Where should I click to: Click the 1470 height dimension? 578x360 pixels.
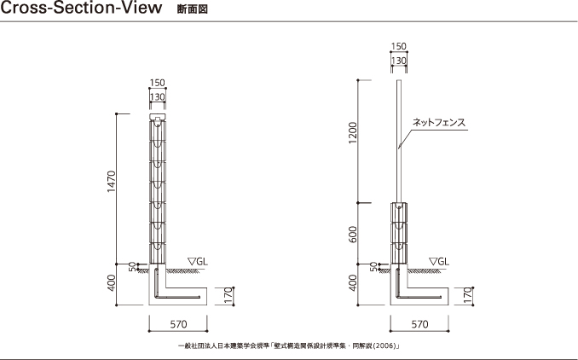point(112,182)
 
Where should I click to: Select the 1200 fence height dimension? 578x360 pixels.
point(353,133)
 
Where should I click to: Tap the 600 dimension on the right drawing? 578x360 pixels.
point(353,235)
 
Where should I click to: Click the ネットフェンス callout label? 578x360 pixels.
point(439,123)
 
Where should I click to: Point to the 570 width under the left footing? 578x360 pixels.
point(178,324)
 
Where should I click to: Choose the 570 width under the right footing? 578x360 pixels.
point(420,324)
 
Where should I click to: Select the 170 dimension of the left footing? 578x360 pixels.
point(228,296)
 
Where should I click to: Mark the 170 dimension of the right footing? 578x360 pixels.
point(467,296)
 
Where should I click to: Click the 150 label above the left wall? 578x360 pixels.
point(158,83)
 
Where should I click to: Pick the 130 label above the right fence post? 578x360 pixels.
point(398,61)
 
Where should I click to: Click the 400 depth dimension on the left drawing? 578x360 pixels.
point(112,283)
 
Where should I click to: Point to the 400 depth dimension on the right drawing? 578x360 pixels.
point(353,283)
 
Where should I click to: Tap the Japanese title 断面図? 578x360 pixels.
point(193,9)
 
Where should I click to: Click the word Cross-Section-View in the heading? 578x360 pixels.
point(82,8)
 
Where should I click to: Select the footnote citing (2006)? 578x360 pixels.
point(289,346)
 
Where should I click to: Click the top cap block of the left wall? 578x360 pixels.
point(158,117)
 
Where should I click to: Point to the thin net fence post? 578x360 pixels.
point(398,141)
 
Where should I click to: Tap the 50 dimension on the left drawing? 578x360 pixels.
point(132,267)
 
